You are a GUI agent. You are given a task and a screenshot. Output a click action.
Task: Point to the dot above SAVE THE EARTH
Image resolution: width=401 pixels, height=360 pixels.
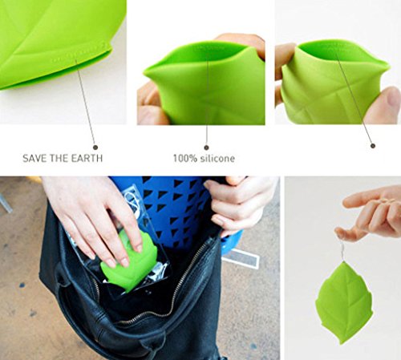(95, 148)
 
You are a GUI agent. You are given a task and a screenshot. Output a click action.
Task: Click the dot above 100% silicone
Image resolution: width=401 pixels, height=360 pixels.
(206, 148)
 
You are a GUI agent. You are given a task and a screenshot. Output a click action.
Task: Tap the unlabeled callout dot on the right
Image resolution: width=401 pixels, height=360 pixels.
(373, 146)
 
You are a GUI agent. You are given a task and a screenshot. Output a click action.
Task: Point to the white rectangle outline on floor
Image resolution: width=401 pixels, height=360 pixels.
(241, 257)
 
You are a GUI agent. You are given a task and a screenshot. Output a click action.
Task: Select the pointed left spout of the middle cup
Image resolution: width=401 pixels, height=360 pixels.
(147, 71)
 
